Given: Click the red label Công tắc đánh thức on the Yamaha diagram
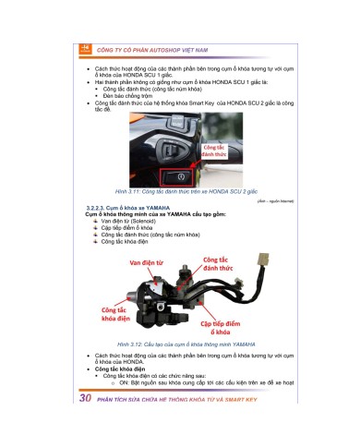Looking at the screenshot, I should (x=222, y=265).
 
